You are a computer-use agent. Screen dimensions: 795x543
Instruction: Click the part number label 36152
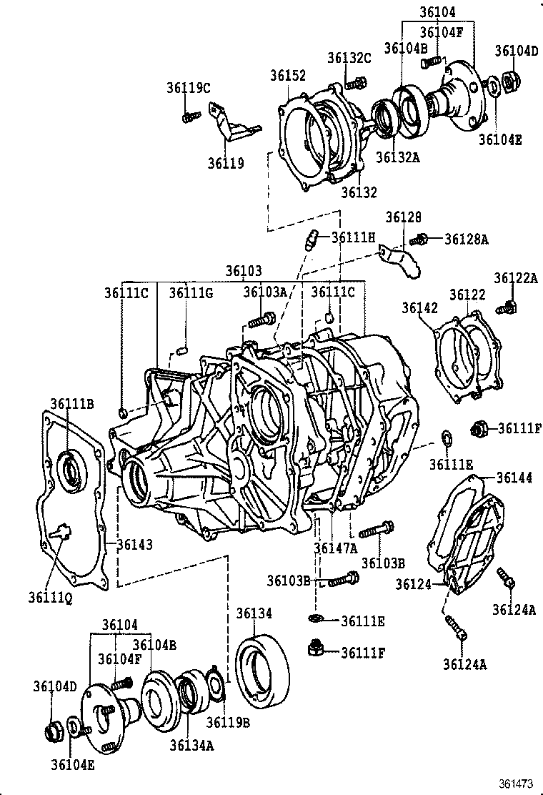[288, 76]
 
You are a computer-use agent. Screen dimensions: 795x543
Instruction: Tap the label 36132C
[349, 58]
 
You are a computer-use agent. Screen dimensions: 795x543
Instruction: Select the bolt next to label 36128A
[423, 239]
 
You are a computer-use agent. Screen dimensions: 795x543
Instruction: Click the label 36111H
[353, 237]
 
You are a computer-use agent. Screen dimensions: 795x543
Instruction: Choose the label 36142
[419, 307]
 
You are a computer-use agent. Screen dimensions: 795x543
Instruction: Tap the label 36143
[134, 545]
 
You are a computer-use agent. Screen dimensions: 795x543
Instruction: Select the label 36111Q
[50, 596]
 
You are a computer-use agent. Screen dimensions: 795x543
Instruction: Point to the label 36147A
[335, 548]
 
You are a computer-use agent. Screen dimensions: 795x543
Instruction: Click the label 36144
[514, 478]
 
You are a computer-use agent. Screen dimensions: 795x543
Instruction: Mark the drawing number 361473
[515, 784]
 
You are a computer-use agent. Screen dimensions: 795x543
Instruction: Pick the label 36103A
[264, 292]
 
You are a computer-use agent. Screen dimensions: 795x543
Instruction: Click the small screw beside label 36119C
[189, 116]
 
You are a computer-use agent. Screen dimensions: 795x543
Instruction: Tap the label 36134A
[191, 745]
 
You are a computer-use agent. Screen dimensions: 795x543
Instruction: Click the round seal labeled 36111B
[71, 470]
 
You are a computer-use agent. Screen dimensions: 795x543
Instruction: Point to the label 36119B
[227, 722]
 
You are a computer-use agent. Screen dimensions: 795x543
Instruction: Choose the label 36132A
[398, 157]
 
